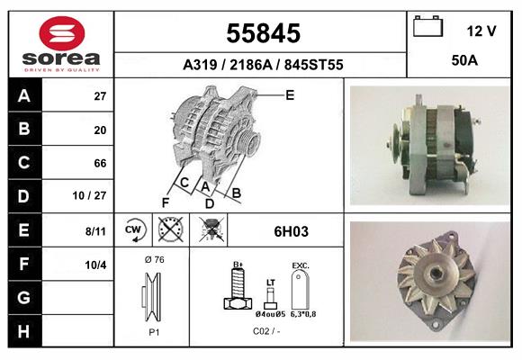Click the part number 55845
pyautogui.click(x=262, y=33)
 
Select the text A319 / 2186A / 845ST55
pyautogui.click(x=262, y=65)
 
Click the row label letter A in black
pyautogui.click(x=23, y=96)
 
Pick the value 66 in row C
pyautogui.click(x=100, y=164)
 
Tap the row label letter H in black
pyautogui.click(x=23, y=332)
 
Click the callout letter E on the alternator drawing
pyautogui.click(x=290, y=94)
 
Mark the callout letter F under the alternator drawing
pyautogui.click(x=166, y=202)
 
